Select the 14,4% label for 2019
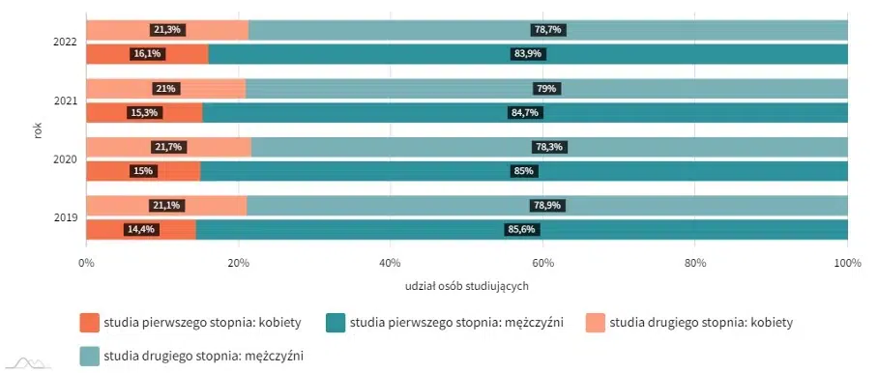[140, 230]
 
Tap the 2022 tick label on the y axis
[66, 43]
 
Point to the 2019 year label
[66, 217]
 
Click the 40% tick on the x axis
[390, 262]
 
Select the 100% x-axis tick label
[847, 262]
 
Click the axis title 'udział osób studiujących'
[467, 286]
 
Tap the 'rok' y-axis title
[38, 130]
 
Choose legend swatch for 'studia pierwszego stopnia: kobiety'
[90, 322]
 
